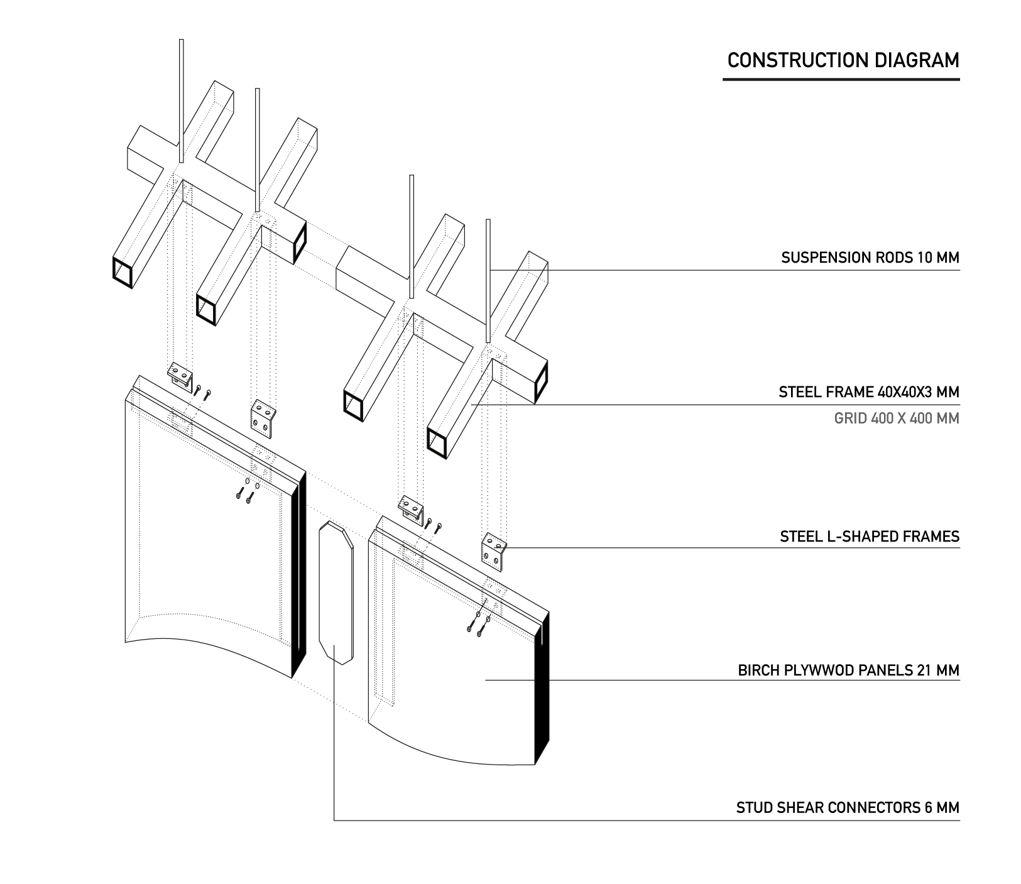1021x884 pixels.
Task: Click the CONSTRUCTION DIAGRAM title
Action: click(843, 60)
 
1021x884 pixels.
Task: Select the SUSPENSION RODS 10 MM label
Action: click(870, 258)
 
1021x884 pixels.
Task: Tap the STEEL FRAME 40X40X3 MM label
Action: click(868, 393)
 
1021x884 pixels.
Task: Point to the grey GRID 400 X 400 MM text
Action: click(896, 418)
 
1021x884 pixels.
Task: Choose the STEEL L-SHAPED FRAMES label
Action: click(869, 537)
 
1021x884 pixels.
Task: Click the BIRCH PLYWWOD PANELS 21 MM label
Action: click(848, 670)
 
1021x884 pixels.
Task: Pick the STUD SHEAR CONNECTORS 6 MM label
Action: click(848, 807)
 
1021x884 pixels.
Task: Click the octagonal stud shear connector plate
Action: click(336, 592)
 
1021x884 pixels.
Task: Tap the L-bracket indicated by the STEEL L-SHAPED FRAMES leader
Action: click(493, 551)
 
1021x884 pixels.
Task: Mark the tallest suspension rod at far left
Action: click(181, 101)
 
